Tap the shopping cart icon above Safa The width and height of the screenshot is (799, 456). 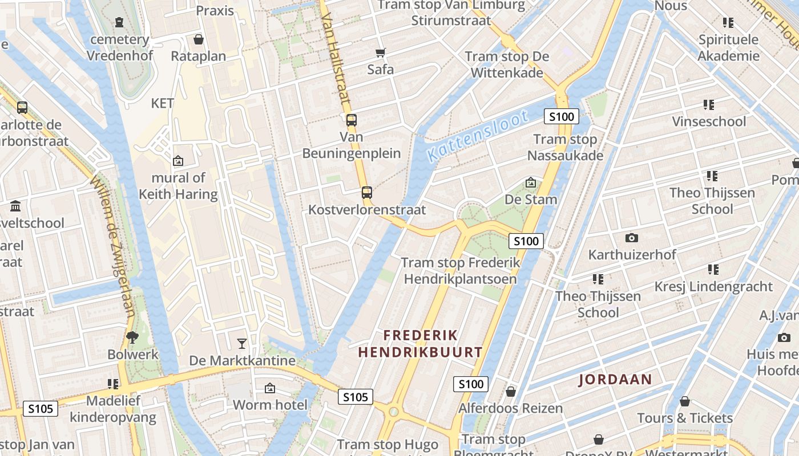click(381, 53)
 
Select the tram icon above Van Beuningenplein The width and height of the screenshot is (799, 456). click(352, 120)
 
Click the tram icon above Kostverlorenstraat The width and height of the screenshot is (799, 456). click(367, 193)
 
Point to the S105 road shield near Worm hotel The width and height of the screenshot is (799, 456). click(356, 397)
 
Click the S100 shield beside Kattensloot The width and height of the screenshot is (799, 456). click(561, 117)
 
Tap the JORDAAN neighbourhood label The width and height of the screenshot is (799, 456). click(615, 380)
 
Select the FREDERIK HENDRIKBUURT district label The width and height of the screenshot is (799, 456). click(420, 344)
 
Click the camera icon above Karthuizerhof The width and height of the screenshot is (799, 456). click(631, 238)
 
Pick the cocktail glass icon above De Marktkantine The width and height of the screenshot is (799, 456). click(242, 343)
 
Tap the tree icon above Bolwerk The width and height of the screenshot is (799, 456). click(132, 337)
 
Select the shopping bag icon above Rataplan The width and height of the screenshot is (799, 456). click(199, 39)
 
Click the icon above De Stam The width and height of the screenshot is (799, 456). click(531, 183)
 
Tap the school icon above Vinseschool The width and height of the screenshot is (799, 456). click(709, 105)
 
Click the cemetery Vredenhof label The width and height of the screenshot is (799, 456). click(120, 48)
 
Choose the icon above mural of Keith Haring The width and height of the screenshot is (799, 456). click(178, 161)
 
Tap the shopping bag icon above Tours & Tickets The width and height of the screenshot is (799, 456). click(685, 401)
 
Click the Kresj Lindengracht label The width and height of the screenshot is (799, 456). click(713, 287)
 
